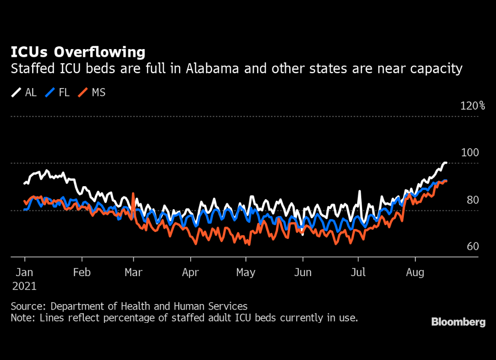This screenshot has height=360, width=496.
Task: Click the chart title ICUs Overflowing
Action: click(78, 52)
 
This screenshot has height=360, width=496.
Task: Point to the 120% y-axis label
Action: click(473, 106)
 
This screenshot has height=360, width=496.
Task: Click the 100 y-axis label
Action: click(469, 153)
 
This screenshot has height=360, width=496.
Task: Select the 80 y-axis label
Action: click(473, 200)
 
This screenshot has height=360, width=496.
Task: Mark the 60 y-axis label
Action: click(473, 247)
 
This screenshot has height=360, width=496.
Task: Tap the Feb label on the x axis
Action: click(82, 272)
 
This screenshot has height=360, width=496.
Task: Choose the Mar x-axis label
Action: click(133, 272)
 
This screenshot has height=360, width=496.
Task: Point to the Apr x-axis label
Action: click(190, 272)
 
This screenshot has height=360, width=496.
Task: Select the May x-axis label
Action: click(246, 272)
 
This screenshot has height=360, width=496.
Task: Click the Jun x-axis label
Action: click(302, 272)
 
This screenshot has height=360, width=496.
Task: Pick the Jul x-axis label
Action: click(358, 272)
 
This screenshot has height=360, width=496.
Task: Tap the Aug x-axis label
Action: click(415, 272)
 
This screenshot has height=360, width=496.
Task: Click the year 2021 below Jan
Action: click(24, 286)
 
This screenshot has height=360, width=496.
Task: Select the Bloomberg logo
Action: click(458, 322)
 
